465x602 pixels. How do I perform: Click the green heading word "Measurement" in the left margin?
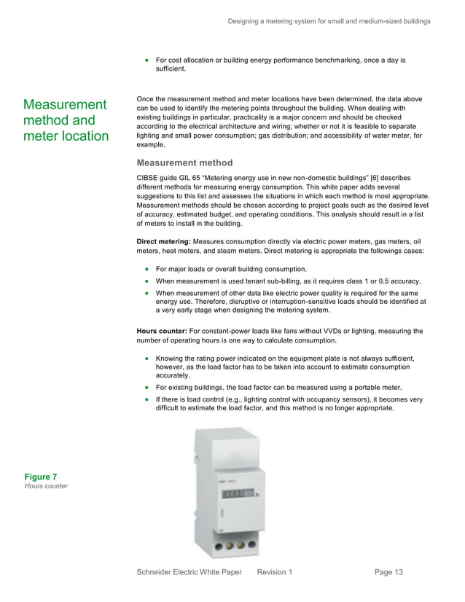click(65, 104)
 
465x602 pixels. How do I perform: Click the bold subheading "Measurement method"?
click(184, 163)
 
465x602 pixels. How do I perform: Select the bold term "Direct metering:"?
click(163, 241)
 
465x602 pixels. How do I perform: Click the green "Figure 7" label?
click(41, 477)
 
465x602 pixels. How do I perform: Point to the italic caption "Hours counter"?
click(46, 487)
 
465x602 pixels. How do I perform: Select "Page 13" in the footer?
click(388, 573)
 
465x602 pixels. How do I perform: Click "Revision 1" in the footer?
click(275, 573)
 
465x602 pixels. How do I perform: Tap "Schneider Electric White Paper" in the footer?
click(189, 573)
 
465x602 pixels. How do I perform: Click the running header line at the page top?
click(329, 21)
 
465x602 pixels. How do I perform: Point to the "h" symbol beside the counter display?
click(257, 496)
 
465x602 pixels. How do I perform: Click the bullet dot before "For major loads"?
click(147, 269)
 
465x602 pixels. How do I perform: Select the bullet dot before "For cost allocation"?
click(147, 60)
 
